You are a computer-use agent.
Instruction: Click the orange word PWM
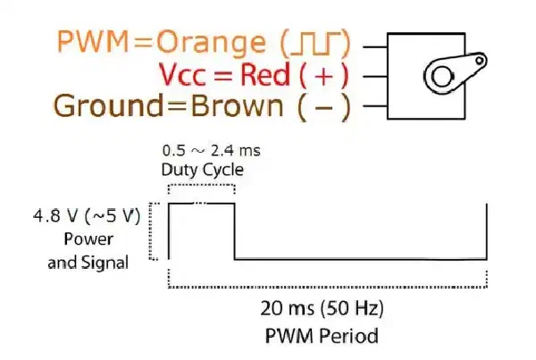93,41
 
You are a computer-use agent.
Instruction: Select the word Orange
211,43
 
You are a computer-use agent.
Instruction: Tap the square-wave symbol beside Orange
315,44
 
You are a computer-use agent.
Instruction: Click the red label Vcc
183,75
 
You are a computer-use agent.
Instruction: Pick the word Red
265,74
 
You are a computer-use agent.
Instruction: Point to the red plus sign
323,76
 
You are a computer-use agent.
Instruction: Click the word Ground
108,105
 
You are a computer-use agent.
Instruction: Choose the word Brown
237,105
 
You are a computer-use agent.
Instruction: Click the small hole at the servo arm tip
480,61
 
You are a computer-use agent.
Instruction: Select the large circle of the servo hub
441,76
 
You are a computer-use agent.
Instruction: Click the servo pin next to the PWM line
375,46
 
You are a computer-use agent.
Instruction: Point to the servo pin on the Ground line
375,106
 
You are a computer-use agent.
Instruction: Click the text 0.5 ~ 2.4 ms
211,151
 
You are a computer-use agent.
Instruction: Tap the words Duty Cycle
203,170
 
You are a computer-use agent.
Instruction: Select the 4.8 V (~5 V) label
87,216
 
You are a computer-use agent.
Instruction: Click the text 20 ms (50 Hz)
322,308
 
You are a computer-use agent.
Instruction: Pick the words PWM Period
322,335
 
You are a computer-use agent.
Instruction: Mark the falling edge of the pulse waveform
234,231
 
